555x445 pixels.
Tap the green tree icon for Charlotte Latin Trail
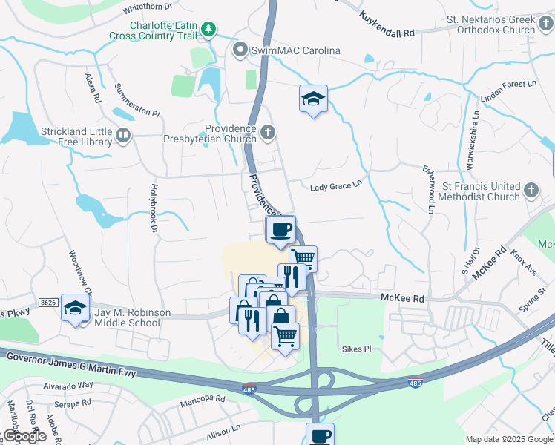tap(211, 30)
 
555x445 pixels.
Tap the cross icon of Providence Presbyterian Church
tap(269, 133)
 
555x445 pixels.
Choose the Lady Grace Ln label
tap(335, 188)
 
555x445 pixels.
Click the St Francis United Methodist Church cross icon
tap(531, 191)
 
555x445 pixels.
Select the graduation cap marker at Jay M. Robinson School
tap(75, 308)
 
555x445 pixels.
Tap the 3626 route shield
tap(49, 303)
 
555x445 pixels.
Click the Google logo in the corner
tap(24, 436)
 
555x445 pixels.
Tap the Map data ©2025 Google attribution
tap(508, 439)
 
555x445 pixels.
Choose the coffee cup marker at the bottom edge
tap(320, 435)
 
